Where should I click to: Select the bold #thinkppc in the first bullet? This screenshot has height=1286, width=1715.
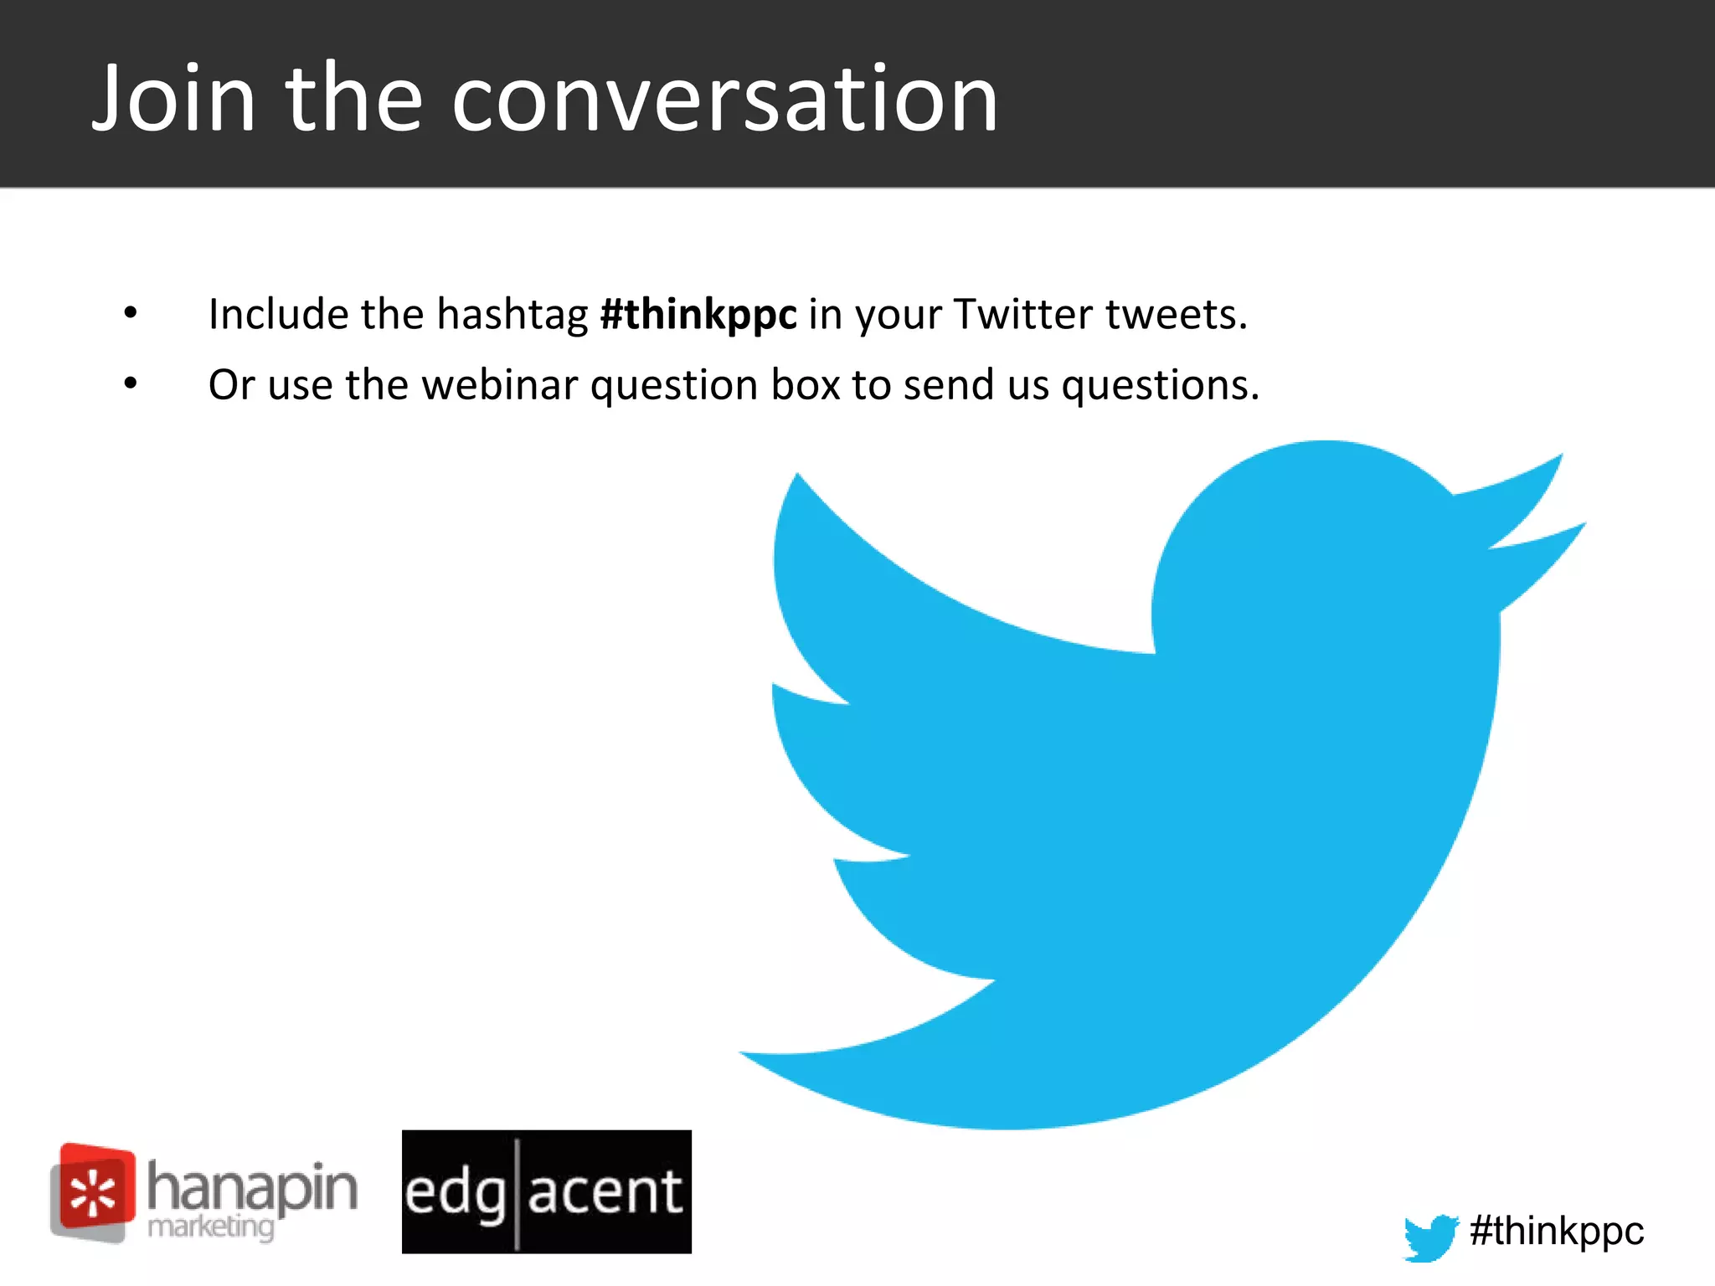698,315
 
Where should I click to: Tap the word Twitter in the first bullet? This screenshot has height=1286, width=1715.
1022,315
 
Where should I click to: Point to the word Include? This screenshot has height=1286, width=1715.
279,315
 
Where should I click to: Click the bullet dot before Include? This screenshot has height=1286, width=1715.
131,313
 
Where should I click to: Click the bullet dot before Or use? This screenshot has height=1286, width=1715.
131,383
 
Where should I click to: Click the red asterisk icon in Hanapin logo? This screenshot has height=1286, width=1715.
93,1192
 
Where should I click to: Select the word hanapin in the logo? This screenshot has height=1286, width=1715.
252,1187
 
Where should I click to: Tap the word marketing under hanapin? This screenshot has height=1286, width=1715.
210,1227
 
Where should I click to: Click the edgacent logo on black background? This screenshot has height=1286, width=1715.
546,1191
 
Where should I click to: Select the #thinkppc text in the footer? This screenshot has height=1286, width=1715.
1556,1232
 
